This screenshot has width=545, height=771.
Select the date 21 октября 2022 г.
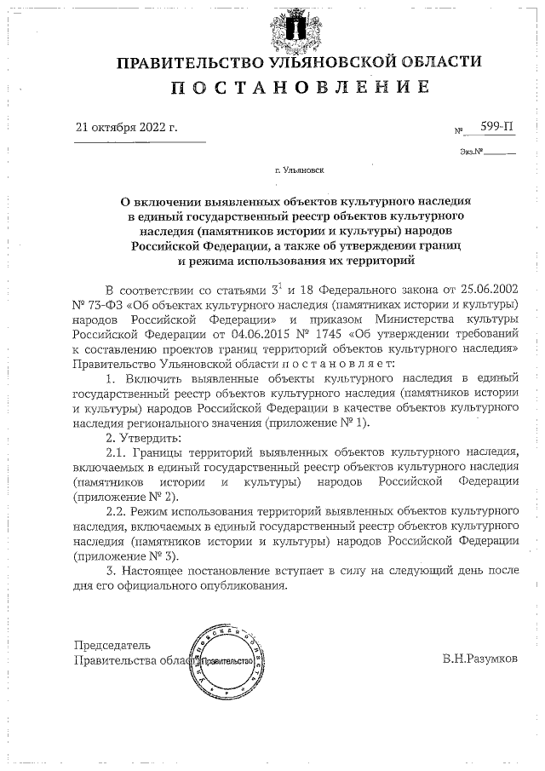127,127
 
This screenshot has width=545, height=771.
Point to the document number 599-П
496,126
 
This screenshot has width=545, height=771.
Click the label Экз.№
471,152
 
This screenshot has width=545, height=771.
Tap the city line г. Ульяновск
299,170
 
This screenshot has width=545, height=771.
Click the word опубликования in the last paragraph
246,584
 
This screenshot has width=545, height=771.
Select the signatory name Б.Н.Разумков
479,659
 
